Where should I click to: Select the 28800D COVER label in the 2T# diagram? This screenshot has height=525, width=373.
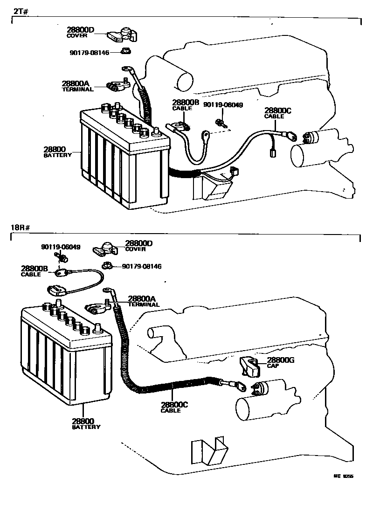click(x=80, y=32)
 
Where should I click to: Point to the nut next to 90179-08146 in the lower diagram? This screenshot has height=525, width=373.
click(x=106, y=266)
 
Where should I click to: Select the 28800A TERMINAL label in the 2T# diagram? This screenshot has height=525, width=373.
click(x=77, y=86)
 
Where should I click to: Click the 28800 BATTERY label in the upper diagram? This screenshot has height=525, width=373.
click(x=58, y=152)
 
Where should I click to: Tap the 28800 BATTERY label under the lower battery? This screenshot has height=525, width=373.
click(x=86, y=423)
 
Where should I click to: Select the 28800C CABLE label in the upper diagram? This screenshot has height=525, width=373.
click(x=277, y=113)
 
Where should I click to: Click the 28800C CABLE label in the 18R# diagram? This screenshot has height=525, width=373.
click(x=174, y=408)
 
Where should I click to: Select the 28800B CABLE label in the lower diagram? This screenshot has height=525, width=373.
click(x=35, y=271)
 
